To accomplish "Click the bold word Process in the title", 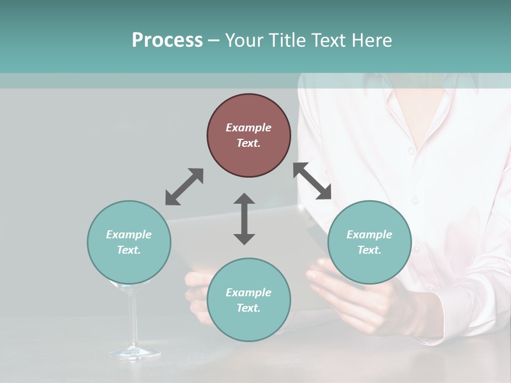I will [167, 40].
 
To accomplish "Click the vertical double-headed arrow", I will [244, 219].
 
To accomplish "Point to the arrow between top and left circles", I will [184, 187].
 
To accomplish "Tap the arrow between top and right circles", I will [312, 181].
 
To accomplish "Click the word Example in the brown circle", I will [249, 128].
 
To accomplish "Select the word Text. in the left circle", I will [129, 250].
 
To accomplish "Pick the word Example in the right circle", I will [369, 235].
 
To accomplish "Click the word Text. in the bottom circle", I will [249, 308].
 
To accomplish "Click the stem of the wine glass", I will [133, 319].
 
